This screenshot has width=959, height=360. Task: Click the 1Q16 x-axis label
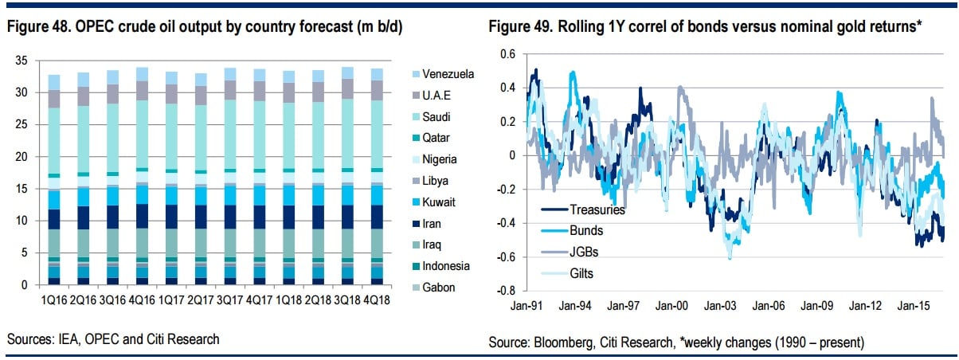(x=54, y=300)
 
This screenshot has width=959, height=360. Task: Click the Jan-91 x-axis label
(x=527, y=305)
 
